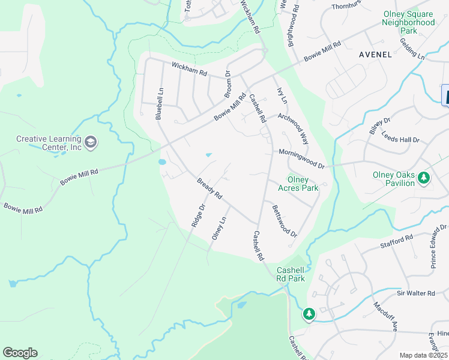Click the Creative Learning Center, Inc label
point(49,143)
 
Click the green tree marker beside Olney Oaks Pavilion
point(424,178)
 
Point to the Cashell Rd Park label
point(291,274)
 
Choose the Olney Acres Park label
point(298,184)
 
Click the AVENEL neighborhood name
point(375,55)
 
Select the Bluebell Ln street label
point(160,104)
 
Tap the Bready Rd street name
point(210,189)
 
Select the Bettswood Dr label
point(285,221)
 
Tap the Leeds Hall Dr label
point(400,139)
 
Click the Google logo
point(20,353)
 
